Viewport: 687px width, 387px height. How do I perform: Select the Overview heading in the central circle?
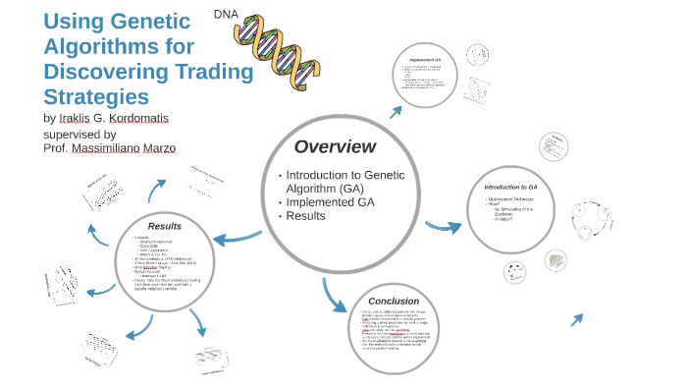point(335,146)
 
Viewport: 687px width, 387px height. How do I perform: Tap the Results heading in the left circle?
point(164,226)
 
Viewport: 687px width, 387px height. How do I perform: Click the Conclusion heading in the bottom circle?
point(394,301)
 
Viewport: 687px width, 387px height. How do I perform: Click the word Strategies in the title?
point(96,97)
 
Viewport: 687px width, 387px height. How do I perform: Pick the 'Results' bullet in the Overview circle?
point(305,215)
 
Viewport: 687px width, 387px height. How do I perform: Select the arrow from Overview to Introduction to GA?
point(443,227)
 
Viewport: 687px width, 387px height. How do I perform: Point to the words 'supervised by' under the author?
point(79,134)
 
